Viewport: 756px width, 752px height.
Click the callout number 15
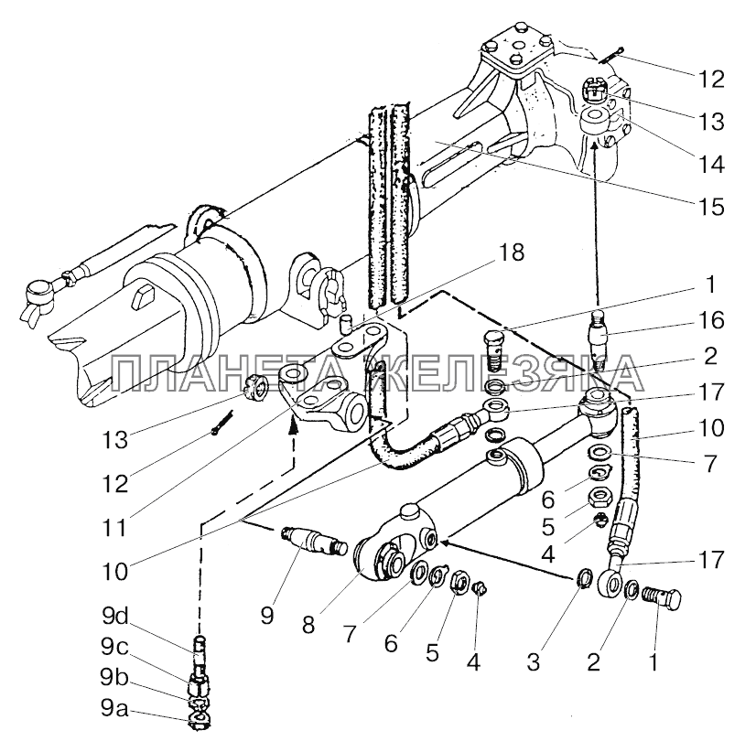709,207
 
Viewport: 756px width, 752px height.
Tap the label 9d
114,616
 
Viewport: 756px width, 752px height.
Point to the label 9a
114,708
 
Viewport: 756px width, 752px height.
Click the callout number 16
709,320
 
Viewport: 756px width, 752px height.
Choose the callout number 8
308,625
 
